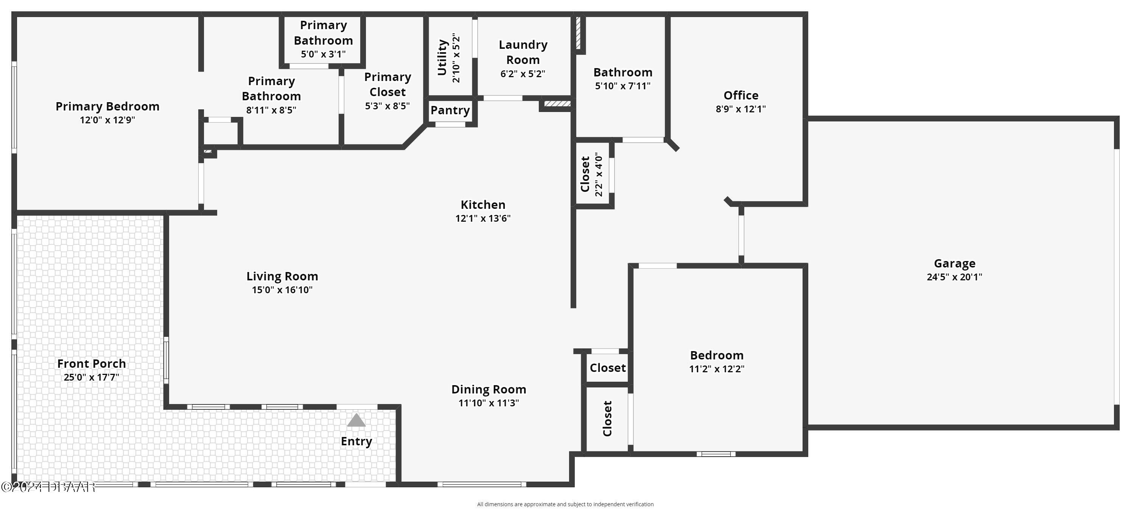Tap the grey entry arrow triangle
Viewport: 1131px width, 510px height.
(356, 420)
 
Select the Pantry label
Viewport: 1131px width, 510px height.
(450, 110)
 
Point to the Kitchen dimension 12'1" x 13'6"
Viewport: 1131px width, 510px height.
(482, 219)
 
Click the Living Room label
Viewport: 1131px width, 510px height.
(282, 276)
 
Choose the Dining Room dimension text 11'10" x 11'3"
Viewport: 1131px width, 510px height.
(488, 403)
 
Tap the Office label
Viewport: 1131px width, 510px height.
(741, 95)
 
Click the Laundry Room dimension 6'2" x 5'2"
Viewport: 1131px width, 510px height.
(523, 74)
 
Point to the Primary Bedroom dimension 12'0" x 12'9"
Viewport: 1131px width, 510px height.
(107, 120)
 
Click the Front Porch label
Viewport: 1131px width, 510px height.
(91, 364)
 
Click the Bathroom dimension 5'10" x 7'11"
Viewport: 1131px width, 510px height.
(622, 86)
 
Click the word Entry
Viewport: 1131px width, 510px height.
(356, 441)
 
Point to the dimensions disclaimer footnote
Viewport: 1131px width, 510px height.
(565, 504)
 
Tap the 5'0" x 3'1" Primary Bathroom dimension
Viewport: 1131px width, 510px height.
(323, 54)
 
